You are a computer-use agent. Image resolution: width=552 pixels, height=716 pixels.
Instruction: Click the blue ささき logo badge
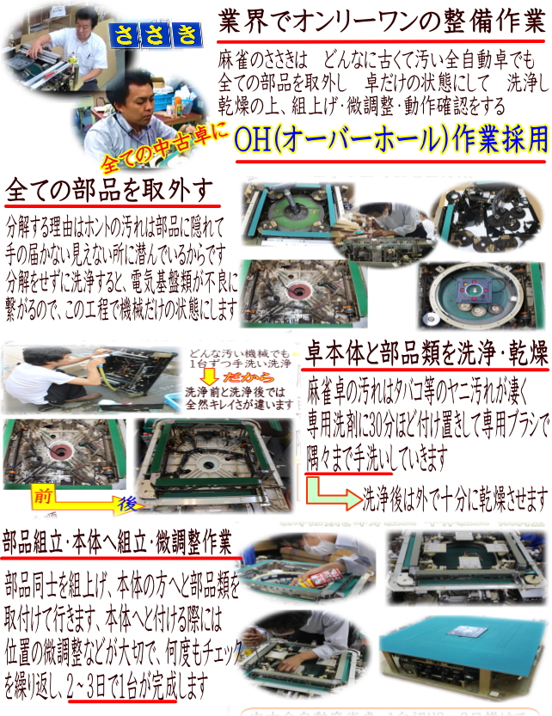[x=160, y=34]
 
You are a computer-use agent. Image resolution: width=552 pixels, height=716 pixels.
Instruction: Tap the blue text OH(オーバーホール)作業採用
[x=390, y=138]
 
